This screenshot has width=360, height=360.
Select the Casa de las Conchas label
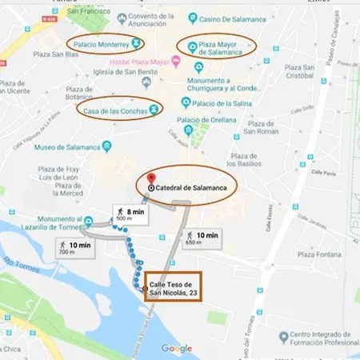point(117,110)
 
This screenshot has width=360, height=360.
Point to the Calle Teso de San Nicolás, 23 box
point(173,286)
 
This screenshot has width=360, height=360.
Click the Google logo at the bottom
point(177,349)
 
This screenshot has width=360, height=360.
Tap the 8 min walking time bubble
point(129,214)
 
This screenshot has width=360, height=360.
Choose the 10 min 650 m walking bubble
point(200,238)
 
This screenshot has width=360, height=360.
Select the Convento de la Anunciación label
point(152,21)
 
